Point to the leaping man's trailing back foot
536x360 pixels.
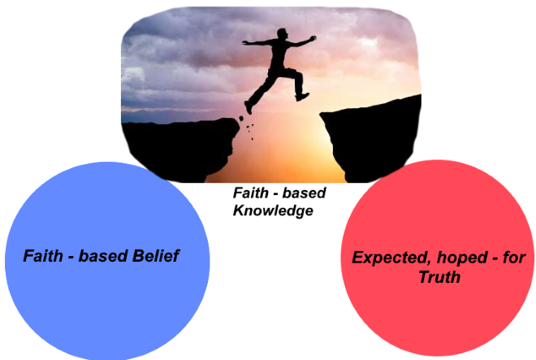tap(249, 107)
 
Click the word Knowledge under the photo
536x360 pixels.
tap(273, 210)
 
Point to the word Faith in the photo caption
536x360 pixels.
tap(249, 194)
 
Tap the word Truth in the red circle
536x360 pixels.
tap(439, 278)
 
